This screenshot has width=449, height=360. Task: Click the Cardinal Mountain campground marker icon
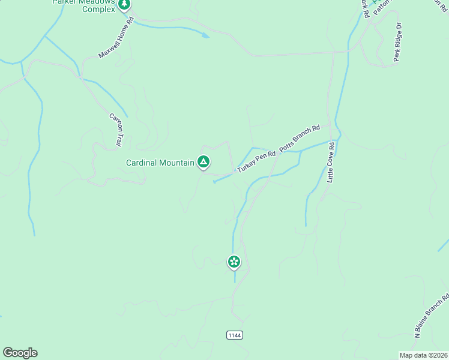(x=203, y=161)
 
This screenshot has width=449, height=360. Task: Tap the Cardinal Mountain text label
(x=160, y=163)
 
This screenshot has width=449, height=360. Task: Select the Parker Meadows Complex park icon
(x=124, y=5)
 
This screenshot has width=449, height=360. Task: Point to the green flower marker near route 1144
(x=234, y=262)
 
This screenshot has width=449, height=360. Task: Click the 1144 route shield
(x=235, y=335)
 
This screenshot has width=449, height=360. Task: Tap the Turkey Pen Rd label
(x=256, y=163)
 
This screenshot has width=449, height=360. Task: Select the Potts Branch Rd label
(x=300, y=138)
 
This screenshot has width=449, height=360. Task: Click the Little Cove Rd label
(x=331, y=162)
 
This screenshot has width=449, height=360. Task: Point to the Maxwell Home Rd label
(x=115, y=38)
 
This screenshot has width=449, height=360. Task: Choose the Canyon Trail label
(x=115, y=130)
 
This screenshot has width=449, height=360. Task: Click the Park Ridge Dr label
(x=397, y=43)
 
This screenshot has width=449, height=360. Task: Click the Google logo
(x=20, y=353)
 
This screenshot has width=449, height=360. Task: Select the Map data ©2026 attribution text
(x=423, y=355)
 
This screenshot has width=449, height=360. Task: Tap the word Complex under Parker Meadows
(x=98, y=10)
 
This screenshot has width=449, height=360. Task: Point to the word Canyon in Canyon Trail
(x=114, y=124)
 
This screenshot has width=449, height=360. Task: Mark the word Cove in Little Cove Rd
(x=331, y=161)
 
